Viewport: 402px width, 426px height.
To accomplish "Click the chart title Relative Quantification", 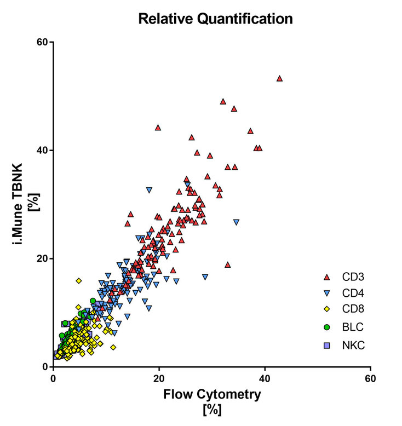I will point(215,19).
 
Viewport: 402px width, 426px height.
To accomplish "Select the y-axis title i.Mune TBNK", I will point(17,204).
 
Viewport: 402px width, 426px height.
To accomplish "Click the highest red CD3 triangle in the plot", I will point(279,79).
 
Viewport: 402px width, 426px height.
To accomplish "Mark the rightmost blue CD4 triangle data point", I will point(236,222).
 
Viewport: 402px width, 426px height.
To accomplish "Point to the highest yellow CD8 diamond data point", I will point(79,280).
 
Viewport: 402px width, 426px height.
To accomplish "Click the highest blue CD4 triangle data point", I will point(149,190).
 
